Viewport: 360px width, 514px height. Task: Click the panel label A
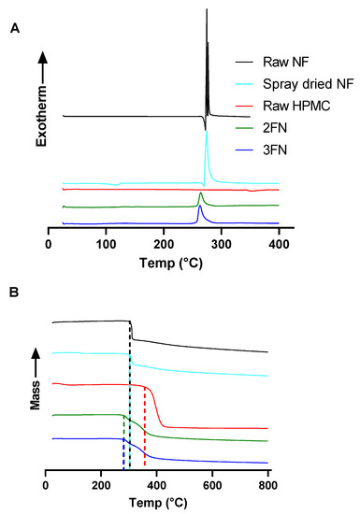(x=14, y=30)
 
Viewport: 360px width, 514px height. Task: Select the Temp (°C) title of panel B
(x=157, y=501)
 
